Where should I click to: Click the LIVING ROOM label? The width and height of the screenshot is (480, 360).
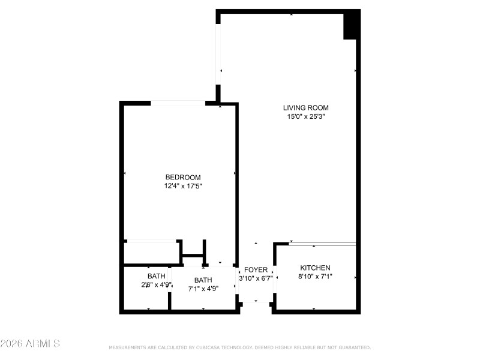306,108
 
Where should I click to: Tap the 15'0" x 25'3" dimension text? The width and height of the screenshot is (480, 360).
306,117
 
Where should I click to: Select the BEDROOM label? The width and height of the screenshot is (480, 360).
183,177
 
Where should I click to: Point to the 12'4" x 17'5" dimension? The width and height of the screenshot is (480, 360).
183,186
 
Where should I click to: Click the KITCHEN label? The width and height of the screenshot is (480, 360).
315,268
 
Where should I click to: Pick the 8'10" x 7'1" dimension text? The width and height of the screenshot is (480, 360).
315,277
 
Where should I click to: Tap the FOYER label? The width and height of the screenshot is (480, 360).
256,270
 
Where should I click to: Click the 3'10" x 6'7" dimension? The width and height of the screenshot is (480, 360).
256,278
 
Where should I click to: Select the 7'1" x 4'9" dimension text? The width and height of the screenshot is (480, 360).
203,288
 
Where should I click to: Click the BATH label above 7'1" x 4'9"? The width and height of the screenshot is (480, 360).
203,280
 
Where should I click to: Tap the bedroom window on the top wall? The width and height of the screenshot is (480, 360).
178,104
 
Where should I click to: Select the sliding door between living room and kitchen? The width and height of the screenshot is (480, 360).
323,244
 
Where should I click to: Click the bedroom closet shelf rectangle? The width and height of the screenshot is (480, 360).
151,242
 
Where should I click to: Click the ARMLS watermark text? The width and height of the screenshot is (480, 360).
30,344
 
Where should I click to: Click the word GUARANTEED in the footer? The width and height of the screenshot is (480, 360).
353,348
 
